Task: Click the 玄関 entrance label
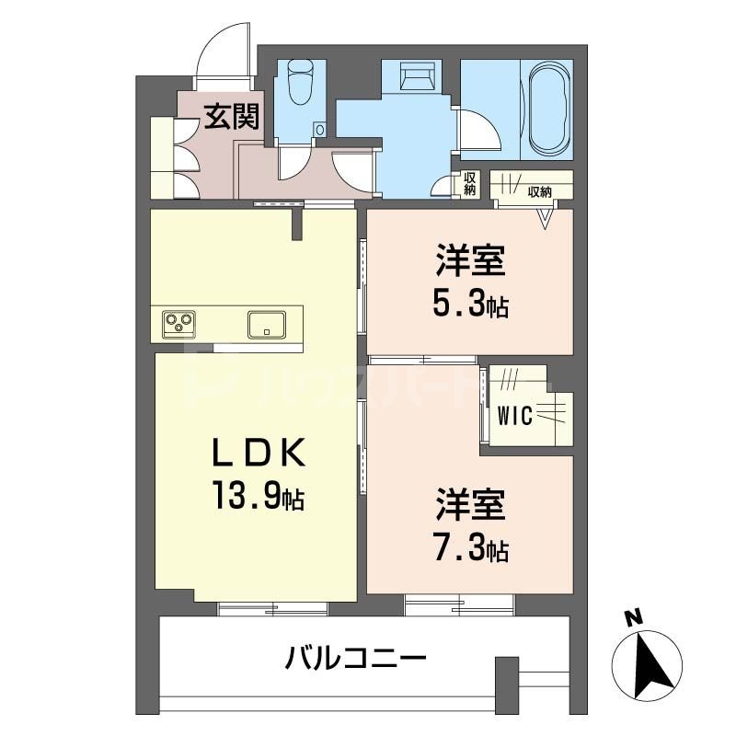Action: [231, 117]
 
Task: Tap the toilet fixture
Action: [300, 83]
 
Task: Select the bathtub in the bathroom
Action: [549, 109]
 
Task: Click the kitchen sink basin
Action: [266, 325]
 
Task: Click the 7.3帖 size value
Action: [471, 549]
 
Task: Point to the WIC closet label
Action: [515, 417]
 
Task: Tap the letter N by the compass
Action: [632, 619]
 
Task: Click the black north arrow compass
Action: [656, 666]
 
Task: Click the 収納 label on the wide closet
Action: [539, 192]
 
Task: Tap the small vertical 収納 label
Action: [469, 184]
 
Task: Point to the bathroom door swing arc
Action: [482, 132]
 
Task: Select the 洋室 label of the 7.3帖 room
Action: [470, 506]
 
